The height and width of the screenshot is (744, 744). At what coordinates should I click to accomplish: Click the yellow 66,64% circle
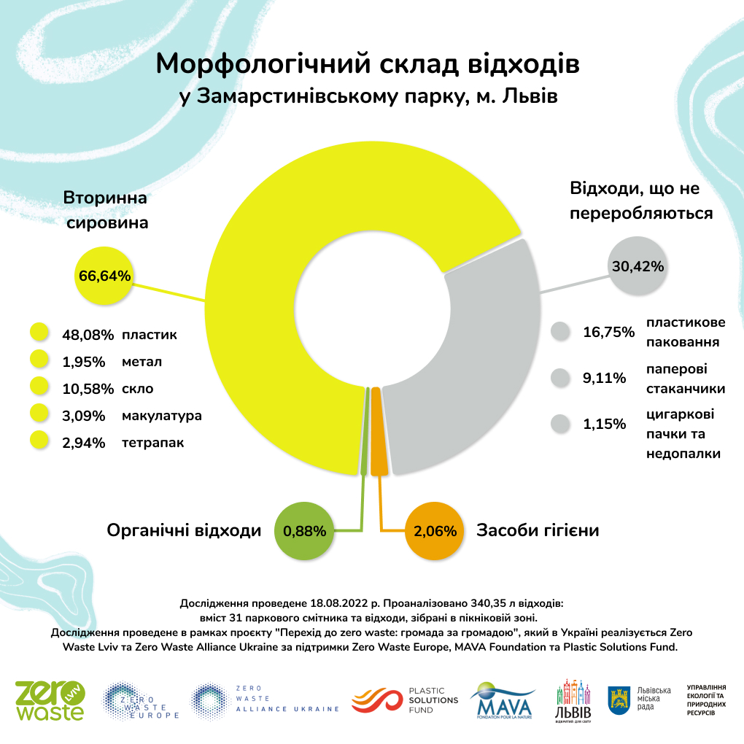click(x=104, y=276)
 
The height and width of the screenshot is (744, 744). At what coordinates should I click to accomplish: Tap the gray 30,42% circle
click(x=638, y=266)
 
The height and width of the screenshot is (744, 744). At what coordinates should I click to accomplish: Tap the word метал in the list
click(x=142, y=362)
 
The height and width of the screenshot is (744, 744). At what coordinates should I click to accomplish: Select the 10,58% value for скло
click(x=88, y=389)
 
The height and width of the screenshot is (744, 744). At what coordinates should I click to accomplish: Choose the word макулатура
click(x=162, y=416)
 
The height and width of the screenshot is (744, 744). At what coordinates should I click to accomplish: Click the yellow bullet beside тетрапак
click(x=39, y=442)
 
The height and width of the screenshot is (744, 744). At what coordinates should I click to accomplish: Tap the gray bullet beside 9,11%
click(x=560, y=378)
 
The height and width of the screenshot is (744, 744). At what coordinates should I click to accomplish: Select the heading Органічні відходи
click(x=184, y=531)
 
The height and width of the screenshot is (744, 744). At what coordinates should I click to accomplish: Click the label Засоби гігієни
click(x=538, y=530)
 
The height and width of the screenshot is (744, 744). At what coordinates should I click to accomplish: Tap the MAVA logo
click(x=502, y=700)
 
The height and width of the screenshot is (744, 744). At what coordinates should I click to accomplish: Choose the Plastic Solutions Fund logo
click(x=405, y=700)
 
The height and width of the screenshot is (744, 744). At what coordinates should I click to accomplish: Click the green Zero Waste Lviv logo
click(x=50, y=700)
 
